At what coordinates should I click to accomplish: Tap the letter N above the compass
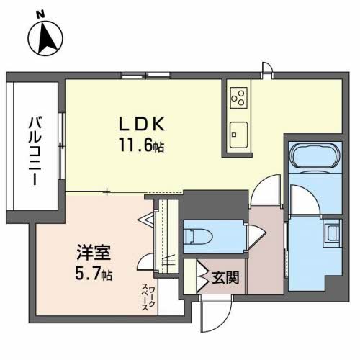pos(40,13)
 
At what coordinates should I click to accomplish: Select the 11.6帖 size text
pos(141,145)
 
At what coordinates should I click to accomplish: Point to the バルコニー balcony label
pos(34,148)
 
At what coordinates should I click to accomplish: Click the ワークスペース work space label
pos(148,296)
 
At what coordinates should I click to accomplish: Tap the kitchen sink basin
pos(239,133)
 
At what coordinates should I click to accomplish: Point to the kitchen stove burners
pos(239,96)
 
